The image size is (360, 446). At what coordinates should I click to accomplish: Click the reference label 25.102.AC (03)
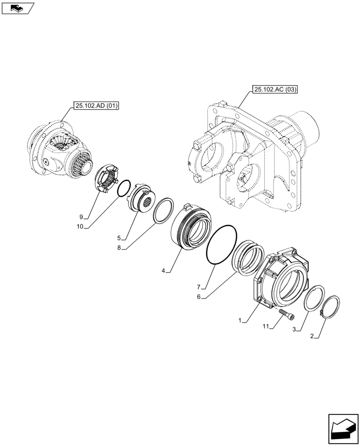click(x=274, y=90)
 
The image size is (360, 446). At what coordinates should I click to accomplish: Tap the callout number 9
click(x=81, y=217)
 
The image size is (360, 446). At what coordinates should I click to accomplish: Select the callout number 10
click(x=80, y=227)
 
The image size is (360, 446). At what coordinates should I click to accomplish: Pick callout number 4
click(x=163, y=270)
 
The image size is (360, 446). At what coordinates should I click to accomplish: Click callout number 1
click(x=240, y=320)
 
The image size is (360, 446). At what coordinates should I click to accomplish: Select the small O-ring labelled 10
click(x=124, y=189)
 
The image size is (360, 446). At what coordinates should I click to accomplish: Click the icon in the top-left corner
click(x=17, y=8)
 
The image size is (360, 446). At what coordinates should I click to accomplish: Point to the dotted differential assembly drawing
click(x=60, y=149)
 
